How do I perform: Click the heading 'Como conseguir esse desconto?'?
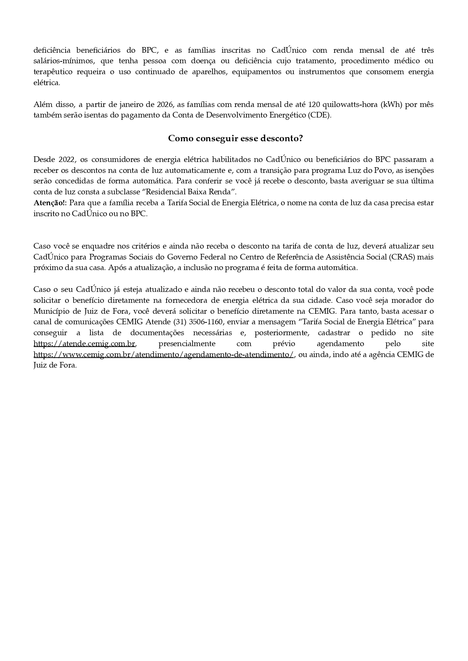[x=236, y=138]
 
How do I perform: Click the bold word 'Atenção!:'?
[x=50, y=203]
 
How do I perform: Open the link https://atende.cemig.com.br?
[x=84, y=344]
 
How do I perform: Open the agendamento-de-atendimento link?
[x=164, y=355]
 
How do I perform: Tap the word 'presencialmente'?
[x=187, y=344]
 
